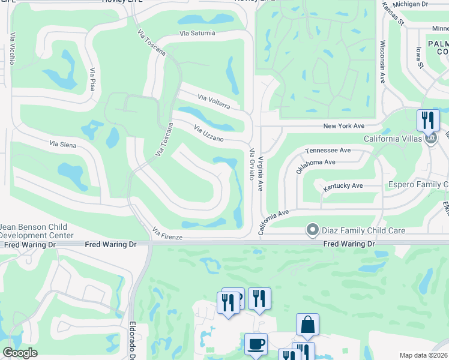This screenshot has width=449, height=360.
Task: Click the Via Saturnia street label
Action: (197, 33)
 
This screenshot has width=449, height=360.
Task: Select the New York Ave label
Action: (344, 126)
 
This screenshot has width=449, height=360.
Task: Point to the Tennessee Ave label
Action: (328, 151)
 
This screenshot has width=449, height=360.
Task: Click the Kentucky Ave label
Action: (343, 187)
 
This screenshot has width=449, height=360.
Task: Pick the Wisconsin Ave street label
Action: (382, 62)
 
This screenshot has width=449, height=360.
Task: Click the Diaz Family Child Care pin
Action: (312, 230)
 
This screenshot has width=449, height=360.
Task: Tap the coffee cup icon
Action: (256, 344)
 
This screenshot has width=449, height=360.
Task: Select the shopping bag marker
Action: (307, 325)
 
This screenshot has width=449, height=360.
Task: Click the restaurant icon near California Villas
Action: (428, 119)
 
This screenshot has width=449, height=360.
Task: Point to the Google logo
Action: (20, 353)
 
